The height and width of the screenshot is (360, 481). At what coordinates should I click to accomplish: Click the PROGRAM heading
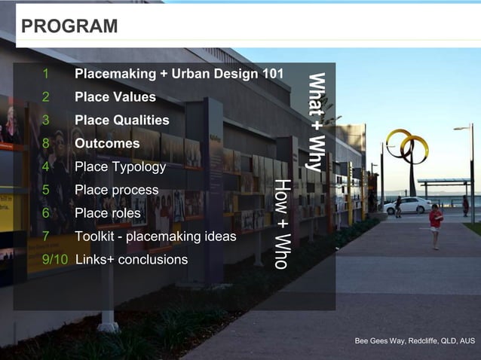[x=69, y=26]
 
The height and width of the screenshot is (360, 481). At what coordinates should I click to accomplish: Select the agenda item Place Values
[x=115, y=97]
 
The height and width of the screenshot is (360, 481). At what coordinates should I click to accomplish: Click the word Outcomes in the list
[x=107, y=143]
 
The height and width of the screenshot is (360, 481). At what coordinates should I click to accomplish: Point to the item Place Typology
[x=120, y=166]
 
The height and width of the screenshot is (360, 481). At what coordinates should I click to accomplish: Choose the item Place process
[x=116, y=190]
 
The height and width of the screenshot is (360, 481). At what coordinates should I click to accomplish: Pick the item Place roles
[x=107, y=213]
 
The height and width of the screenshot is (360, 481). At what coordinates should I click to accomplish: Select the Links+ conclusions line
[x=131, y=260]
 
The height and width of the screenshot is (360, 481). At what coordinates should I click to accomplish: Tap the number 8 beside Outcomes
[x=46, y=143]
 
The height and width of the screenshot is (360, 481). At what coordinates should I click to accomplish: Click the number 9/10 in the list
[x=55, y=260]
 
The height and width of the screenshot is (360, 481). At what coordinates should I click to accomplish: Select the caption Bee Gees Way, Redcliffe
[x=415, y=341]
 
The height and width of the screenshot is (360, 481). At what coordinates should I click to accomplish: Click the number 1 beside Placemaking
[x=46, y=74]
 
